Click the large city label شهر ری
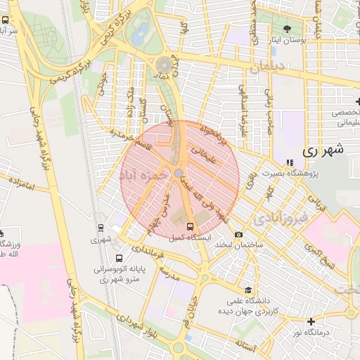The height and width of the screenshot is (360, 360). point(323,150)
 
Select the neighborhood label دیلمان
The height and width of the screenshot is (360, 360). point(264,66)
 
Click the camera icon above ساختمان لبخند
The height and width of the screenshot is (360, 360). point(238,234)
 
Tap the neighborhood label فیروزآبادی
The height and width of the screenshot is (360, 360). point(280,218)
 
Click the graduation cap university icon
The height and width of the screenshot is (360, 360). point(247,290)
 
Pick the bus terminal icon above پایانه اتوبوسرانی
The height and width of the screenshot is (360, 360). point(119,258)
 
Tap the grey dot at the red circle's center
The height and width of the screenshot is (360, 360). point(179,172)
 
